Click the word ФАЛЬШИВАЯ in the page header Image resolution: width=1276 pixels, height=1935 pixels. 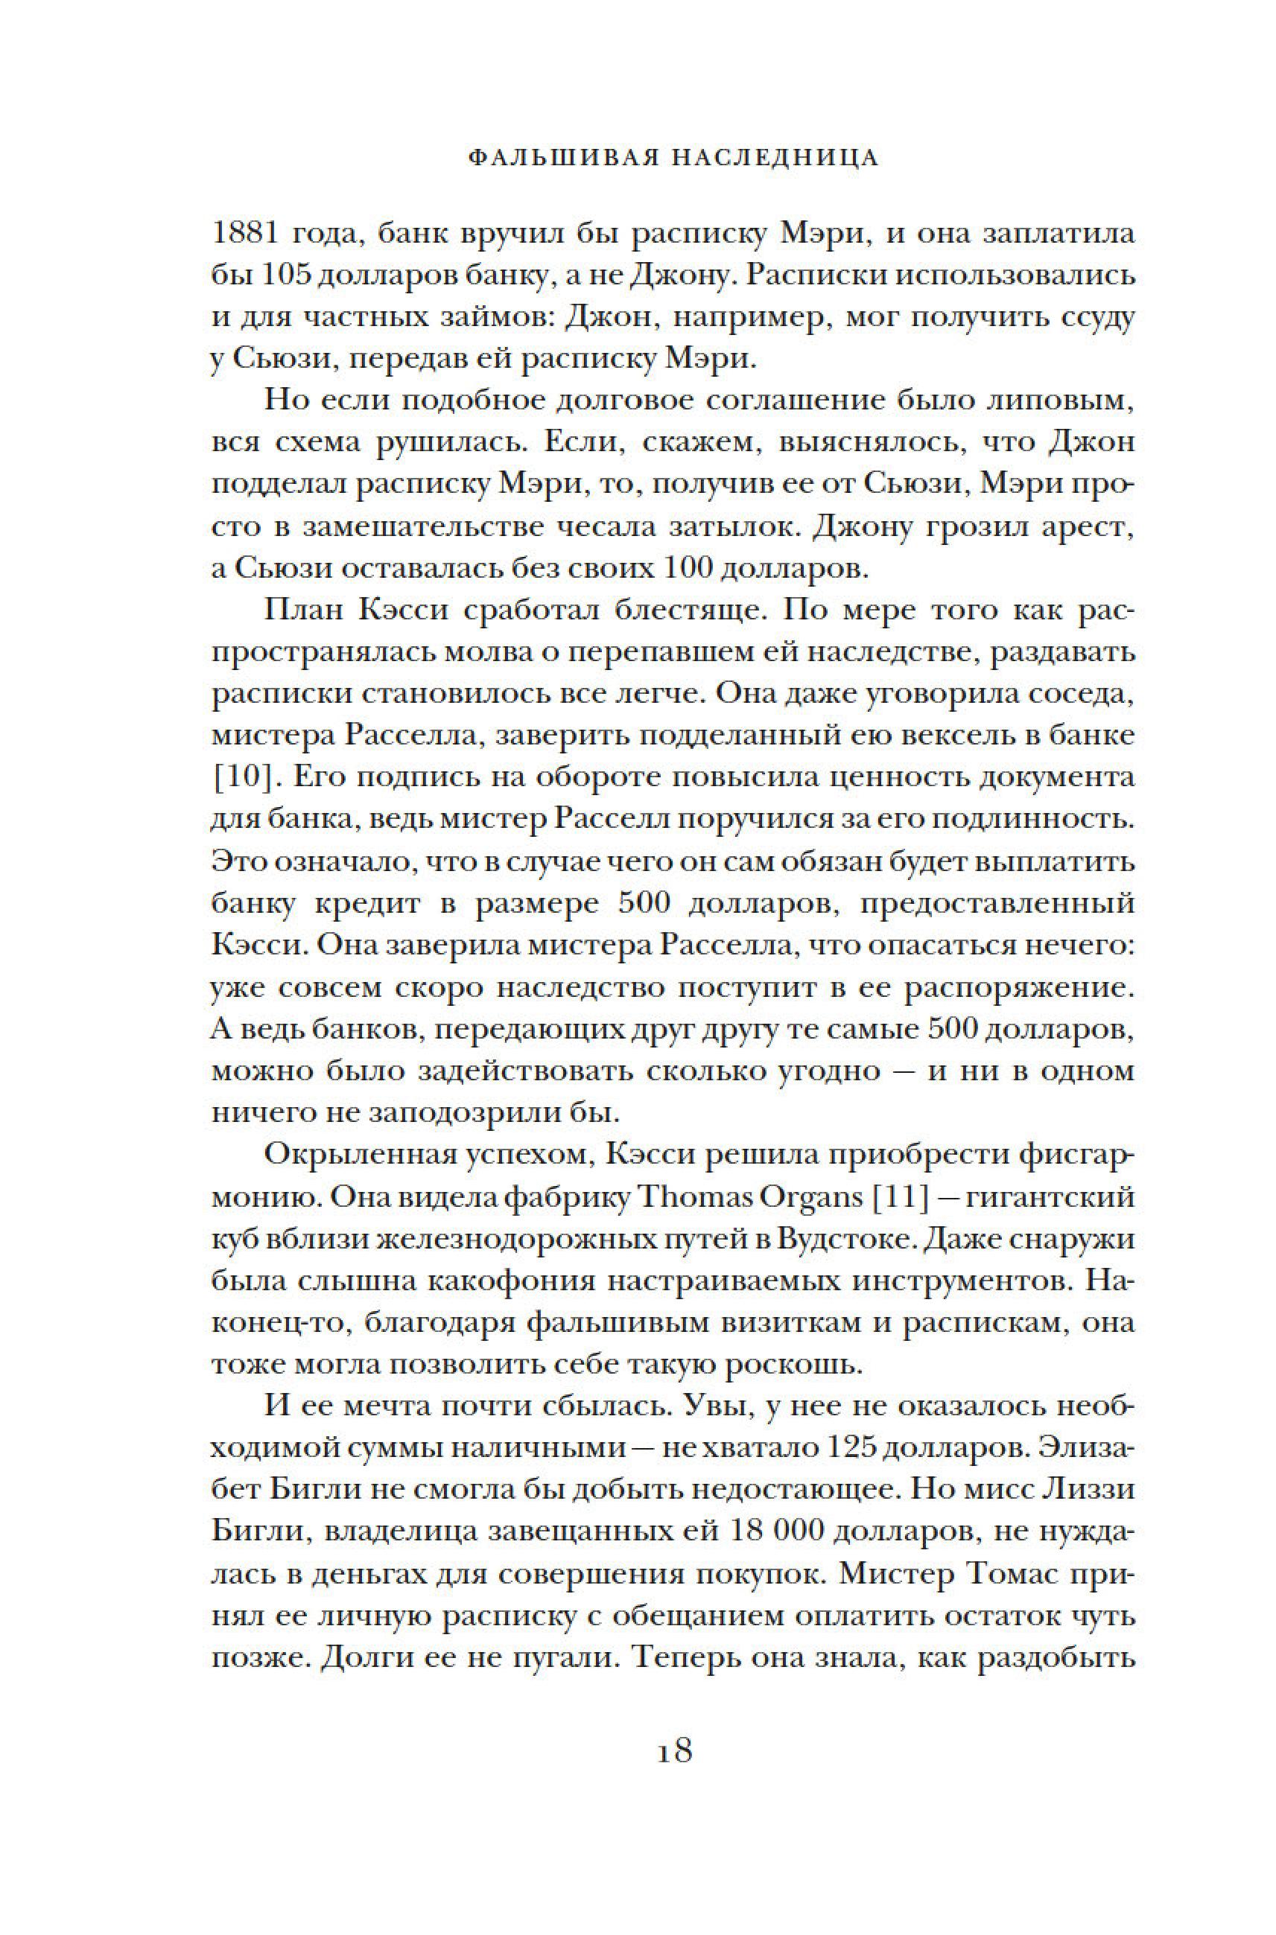pyautogui.click(x=553, y=158)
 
